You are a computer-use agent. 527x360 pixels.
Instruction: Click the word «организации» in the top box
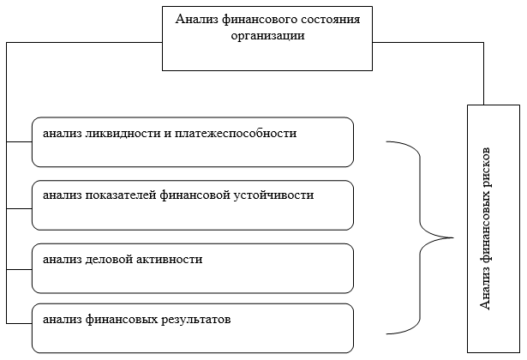267,36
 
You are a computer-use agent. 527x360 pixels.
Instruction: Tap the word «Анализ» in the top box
196,19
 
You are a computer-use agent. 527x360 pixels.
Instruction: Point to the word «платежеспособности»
236,134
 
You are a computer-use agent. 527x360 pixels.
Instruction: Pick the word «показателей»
120,195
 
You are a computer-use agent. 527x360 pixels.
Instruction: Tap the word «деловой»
109,259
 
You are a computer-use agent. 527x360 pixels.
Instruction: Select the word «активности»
171,260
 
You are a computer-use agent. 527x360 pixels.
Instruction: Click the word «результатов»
195,320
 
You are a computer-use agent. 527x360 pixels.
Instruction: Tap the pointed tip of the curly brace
453,237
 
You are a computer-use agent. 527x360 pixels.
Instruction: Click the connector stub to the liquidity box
19,141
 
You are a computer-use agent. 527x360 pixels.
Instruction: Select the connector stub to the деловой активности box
19,270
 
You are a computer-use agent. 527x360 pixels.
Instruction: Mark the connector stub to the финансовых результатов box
19,324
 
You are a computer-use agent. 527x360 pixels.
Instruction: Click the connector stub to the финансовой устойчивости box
19,209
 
